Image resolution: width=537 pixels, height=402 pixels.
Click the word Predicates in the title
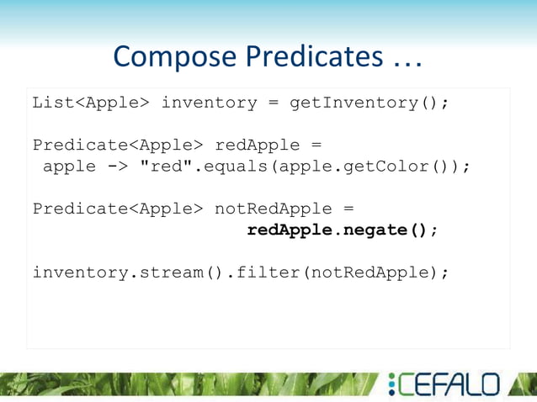tap(313, 56)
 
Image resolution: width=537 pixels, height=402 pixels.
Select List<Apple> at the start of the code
tap(91, 103)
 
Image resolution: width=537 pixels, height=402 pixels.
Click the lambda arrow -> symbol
tap(118, 166)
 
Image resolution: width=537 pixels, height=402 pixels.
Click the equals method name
tap(231, 166)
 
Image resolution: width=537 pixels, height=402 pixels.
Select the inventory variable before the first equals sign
tap(209, 103)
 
